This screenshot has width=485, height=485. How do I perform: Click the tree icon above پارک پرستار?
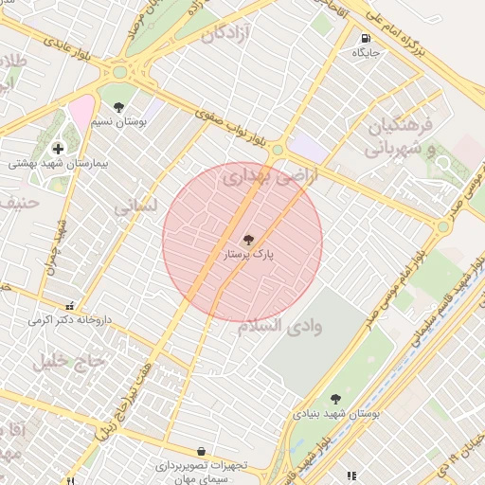click(x=248, y=241)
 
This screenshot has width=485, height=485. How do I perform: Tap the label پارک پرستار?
click(x=247, y=256)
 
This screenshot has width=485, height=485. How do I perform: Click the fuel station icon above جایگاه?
click(x=366, y=39)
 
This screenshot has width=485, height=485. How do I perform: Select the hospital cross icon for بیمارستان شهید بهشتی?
click(x=59, y=149)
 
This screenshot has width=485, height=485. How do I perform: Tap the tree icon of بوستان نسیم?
click(x=118, y=108)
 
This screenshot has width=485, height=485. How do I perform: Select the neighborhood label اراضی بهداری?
click(x=260, y=174)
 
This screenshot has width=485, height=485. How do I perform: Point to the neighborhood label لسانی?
click(x=133, y=206)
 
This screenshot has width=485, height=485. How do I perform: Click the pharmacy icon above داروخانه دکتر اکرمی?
click(x=69, y=306)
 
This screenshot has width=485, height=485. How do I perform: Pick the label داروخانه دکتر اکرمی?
click(x=69, y=320)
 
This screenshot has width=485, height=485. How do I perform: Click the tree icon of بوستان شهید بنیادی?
click(x=335, y=400)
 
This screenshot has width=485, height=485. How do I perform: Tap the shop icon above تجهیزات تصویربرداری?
click(x=201, y=452)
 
